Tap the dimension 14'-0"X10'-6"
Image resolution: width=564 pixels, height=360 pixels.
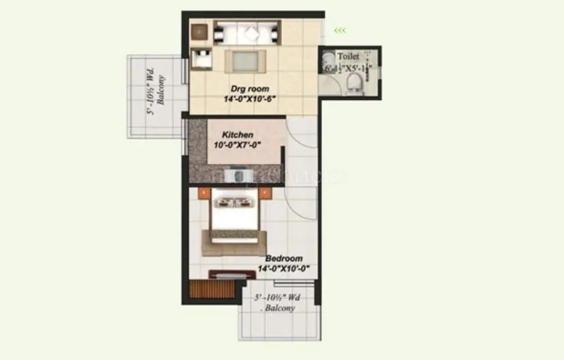249,100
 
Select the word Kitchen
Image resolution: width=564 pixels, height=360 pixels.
238,135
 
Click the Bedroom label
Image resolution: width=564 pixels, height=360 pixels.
284,259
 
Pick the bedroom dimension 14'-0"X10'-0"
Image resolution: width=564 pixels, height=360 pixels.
285,269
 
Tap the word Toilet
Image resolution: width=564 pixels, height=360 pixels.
348,56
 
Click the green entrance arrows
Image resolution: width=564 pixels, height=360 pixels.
340,30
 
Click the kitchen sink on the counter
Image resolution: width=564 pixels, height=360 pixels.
242,175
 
